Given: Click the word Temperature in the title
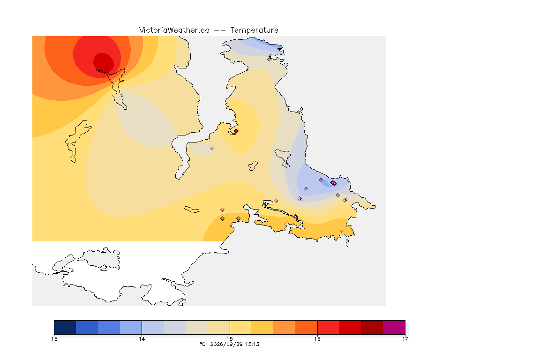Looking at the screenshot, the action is coord(254,30).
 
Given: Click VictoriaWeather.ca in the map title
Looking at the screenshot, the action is coord(174,30).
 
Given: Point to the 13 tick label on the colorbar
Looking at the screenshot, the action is coord(54,339).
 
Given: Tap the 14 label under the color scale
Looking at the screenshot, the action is coord(142,339).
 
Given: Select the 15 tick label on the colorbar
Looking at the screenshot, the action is coord(230,339).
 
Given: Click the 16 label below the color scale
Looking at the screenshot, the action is coord(317,339).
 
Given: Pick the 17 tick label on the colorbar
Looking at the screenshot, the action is coord(405,339).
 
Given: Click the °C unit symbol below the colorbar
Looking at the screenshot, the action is coord(202,344).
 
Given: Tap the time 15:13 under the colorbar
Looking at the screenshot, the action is coord(252,344).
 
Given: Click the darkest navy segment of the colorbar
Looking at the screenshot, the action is coord(65,327).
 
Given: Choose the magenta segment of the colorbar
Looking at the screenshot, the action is coord(394,327).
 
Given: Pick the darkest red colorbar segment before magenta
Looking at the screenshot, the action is coord(372,327).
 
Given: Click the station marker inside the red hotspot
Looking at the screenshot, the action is coord(108,69).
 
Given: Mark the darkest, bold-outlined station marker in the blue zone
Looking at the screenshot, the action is coord(332,183).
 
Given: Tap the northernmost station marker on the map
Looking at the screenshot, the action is coord(270,59).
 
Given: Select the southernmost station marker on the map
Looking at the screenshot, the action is coord(341,231).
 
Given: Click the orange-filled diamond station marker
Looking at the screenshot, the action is coord(236,131).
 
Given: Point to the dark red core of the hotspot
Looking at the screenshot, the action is coord(103,61).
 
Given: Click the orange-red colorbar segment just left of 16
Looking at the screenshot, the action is coord(306,327).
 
